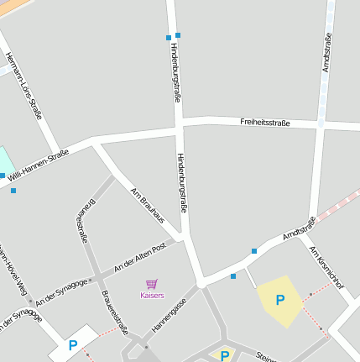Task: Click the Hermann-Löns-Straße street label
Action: [x=23, y=86]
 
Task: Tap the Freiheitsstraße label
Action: [x=264, y=123]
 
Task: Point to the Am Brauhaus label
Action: [x=148, y=206]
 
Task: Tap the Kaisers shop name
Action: [x=152, y=296]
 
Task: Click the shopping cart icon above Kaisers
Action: [x=152, y=285]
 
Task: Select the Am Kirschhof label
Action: [x=326, y=266]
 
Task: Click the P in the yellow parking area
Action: [x=279, y=300]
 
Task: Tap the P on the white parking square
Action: [x=73, y=344]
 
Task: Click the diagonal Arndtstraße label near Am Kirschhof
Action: [x=299, y=228]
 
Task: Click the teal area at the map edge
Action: [x=5, y=162]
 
